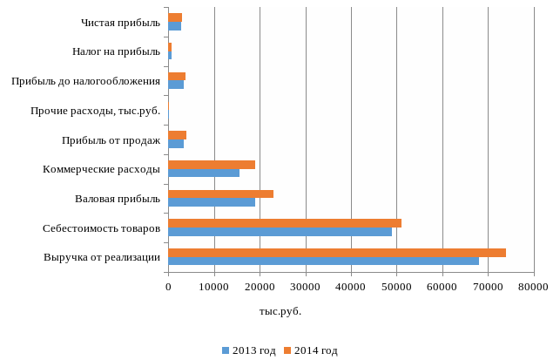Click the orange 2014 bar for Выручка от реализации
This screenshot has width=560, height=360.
coord(337,253)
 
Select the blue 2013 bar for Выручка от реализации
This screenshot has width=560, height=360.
coord(323,261)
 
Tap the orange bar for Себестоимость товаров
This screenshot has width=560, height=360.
coord(285,223)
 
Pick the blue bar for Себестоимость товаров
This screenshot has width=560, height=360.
coord(280,232)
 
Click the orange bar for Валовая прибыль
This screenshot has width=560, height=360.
coord(220,194)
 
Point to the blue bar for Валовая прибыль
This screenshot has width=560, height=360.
coord(212,202)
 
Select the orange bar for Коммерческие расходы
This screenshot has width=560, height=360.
coord(212,164)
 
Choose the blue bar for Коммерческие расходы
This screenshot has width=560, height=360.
coord(204,173)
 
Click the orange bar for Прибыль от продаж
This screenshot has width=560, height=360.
coord(177,135)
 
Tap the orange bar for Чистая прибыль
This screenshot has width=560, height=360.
coord(175,17)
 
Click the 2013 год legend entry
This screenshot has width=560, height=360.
coord(249,350)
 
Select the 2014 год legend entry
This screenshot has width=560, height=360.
coord(311,350)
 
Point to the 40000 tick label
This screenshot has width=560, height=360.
coord(351,286)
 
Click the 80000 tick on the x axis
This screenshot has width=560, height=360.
coord(534,286)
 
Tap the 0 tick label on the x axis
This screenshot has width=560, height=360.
coord(168,286)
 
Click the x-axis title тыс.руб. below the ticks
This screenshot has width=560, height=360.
coord(280,311)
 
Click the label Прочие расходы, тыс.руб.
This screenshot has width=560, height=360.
coord(95,111)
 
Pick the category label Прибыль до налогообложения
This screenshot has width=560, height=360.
coord(85,82)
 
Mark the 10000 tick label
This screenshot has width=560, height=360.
coord(213,286)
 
